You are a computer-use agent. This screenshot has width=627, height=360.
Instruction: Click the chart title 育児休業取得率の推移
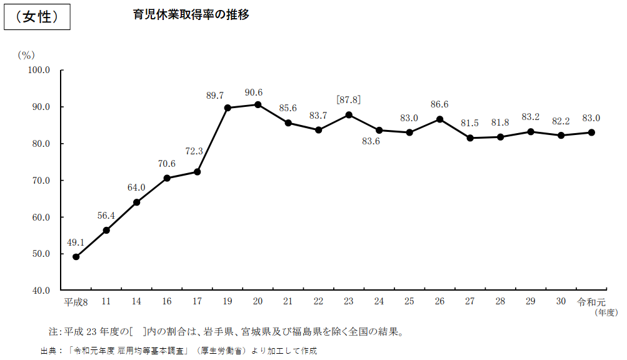[191, 15]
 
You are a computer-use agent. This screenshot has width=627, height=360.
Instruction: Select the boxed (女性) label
[37, 17]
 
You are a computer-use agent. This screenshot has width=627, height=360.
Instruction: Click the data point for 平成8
[76, 257]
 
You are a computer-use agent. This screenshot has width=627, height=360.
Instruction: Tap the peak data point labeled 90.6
[258, 104]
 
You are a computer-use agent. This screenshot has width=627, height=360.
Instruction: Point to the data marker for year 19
[228, 107]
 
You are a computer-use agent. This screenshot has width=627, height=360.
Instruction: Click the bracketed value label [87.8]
[348, 99]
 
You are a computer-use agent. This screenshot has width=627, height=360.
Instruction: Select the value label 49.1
[76, 242]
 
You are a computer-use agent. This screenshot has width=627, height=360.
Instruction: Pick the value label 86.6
[439, 104]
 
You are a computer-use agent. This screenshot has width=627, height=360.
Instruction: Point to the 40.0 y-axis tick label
[40, 291]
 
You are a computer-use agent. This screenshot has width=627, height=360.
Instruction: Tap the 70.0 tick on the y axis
[40, 181]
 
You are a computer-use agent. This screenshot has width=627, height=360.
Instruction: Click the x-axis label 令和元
[591, 301]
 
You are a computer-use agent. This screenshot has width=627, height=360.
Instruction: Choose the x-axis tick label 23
[349, 301]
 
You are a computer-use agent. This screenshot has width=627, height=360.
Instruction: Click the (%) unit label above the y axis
[26, 55]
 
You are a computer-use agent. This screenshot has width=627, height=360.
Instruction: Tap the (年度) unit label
[606, 312]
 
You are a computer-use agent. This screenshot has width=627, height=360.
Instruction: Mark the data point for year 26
[439, 119]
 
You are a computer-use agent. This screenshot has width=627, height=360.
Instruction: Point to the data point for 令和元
[591, 132]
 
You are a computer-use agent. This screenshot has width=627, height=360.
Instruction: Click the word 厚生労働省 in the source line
[225, 351]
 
